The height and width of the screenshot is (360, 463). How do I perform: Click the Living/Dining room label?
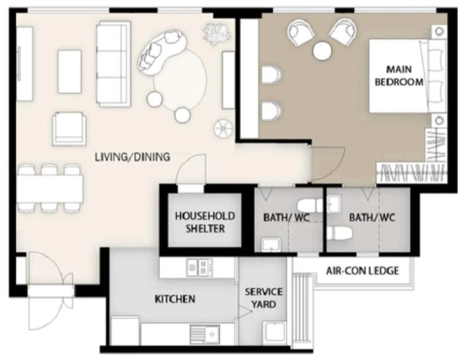[132, 157]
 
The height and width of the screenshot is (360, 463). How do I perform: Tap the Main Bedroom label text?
[399, 76]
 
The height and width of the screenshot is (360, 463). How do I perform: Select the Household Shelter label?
[205, 222]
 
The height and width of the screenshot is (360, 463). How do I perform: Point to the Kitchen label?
[175, 299]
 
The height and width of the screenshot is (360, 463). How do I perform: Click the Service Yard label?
[264, 298]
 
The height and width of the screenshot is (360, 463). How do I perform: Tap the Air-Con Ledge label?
[362, 271]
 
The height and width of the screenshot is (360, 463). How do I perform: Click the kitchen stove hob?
[199, 267]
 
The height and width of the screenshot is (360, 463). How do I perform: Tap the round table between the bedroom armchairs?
[322, 51]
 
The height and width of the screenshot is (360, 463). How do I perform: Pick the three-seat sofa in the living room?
[113, 64]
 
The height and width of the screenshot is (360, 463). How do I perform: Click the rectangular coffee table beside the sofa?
[70, 72]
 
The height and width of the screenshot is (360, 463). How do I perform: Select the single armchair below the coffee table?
[69, 129]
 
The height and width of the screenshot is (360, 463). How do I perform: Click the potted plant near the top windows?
[217, 34]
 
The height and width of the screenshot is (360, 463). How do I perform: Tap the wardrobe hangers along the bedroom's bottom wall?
[411, 173]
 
